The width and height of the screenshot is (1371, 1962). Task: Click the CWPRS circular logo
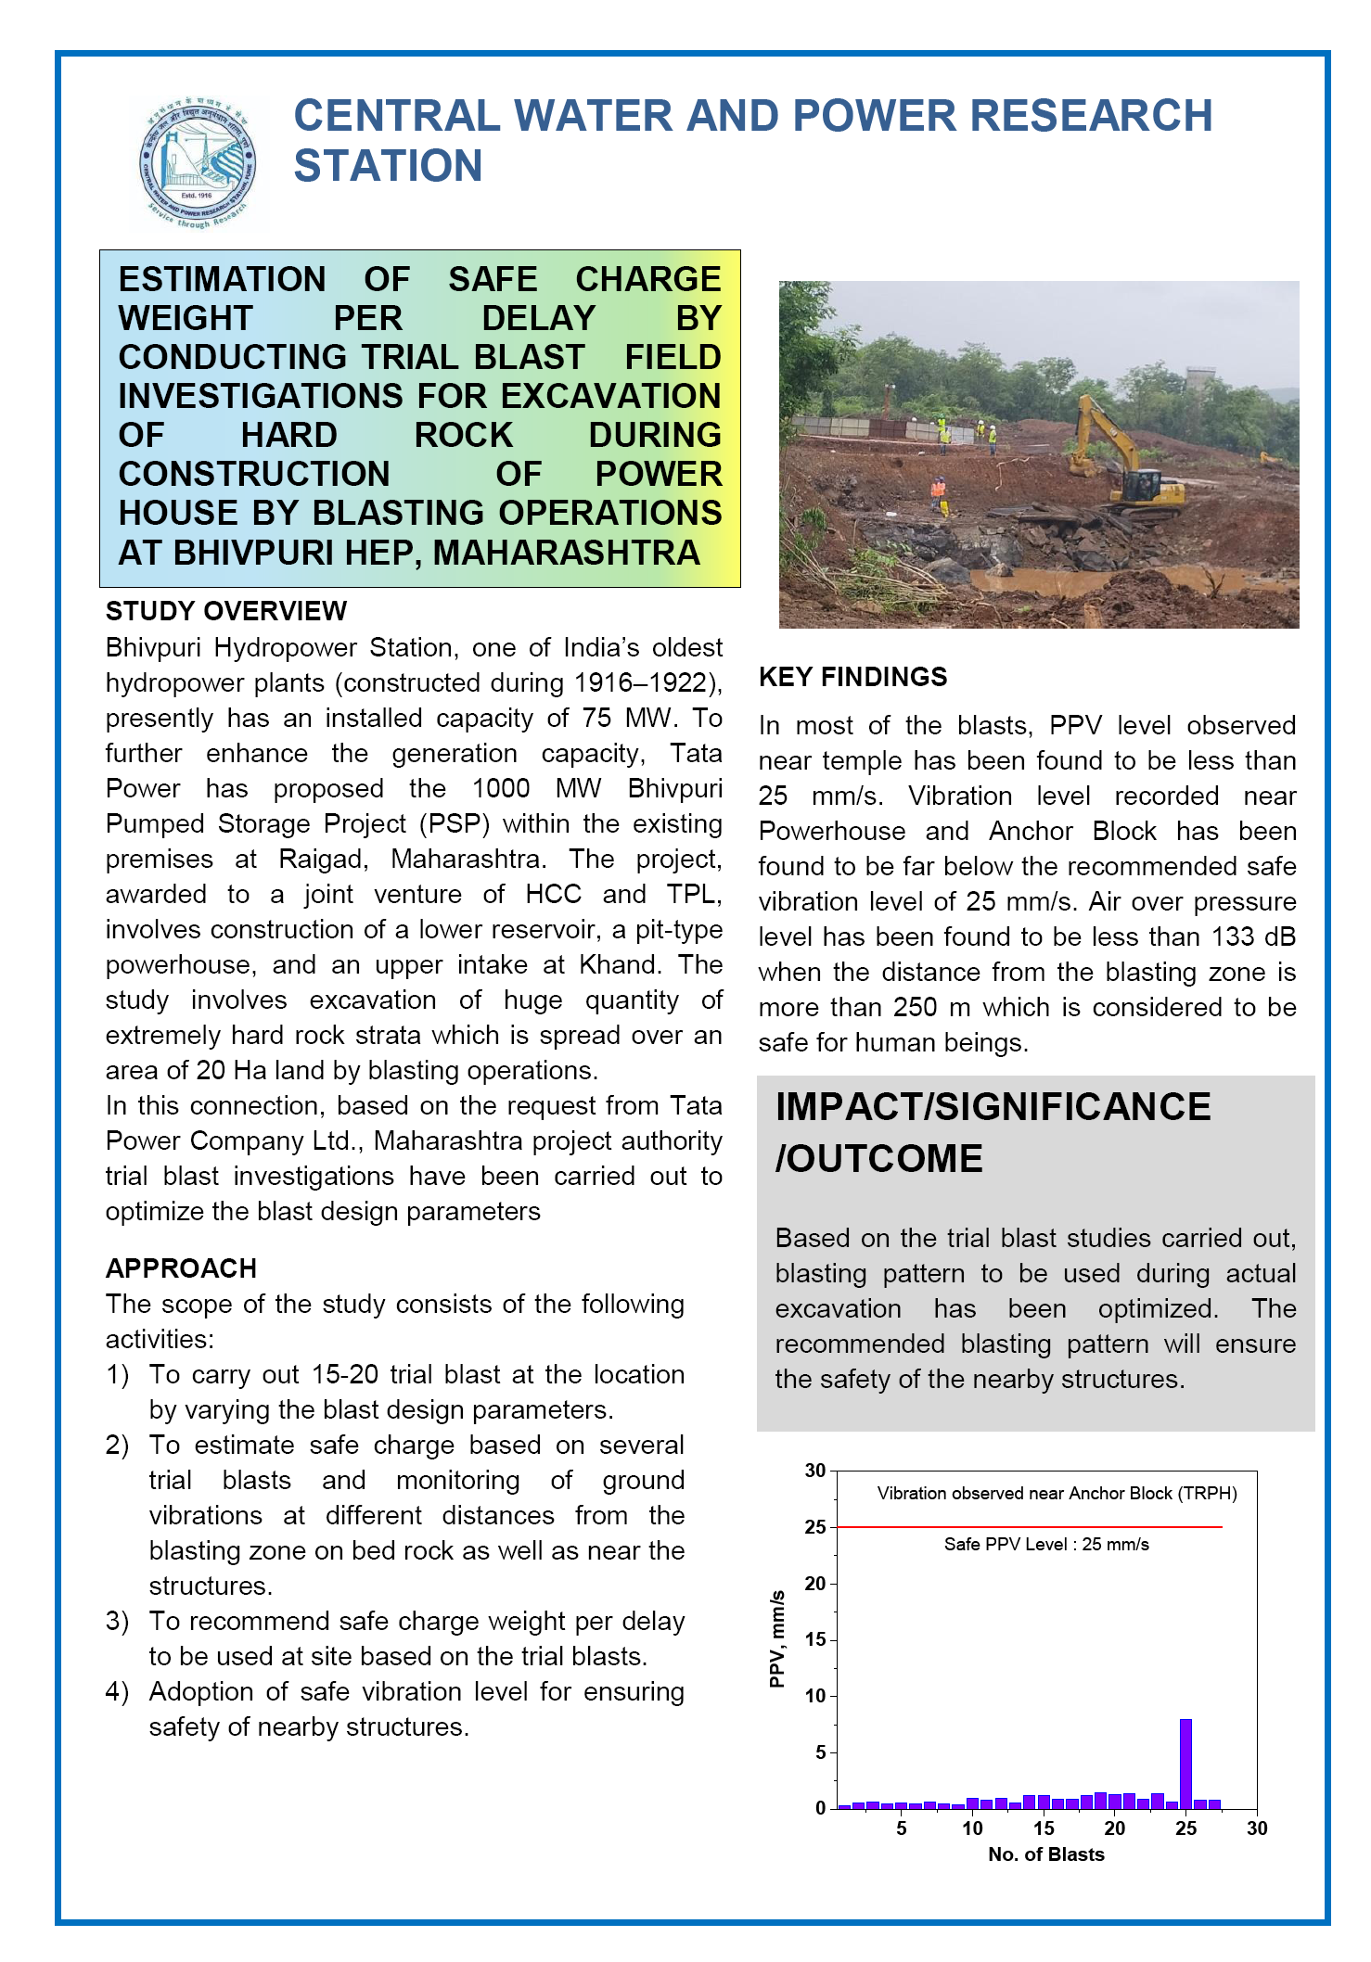click(197, 163)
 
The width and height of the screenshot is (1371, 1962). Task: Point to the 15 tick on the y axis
click(815, 1640)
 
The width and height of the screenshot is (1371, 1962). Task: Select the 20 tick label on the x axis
click(1114, 1828)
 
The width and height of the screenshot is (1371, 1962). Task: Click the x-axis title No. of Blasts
click(1046, 1854)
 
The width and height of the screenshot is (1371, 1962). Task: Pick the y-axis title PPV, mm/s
click(777, 1639)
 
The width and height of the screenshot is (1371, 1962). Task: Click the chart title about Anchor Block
click(1057, 1494)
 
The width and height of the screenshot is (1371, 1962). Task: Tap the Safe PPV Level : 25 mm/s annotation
click(1046, 1545)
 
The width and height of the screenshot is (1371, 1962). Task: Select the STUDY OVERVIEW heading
click(226, 611)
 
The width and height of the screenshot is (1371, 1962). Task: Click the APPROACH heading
click(181, 1268)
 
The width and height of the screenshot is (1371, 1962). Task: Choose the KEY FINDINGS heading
click(852, 677)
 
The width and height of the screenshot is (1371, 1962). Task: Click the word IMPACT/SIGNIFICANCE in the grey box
click(993, 1107)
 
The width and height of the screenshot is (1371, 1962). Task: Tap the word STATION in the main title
click(388, 166)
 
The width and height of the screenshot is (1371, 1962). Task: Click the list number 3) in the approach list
click(117, 1622)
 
